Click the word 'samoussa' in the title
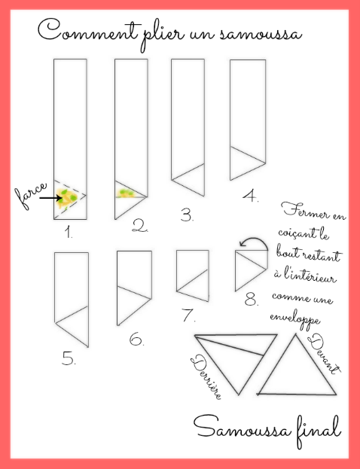[x=261, y=33]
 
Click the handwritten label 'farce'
[x=31, y=195]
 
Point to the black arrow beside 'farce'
[x=50, y=198]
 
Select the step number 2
[x=140, y=226]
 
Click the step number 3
[x=187, y=215]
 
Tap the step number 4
[x=251, y=196]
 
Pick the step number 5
[x=69, y=358]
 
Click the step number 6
[x=136, y=340]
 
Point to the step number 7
[x=188, y=315]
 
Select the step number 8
[x=252, y=299]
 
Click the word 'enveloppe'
[x=294, y=319]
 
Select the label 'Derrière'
[x=207, y=377]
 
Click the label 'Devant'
[x=324, y=355]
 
